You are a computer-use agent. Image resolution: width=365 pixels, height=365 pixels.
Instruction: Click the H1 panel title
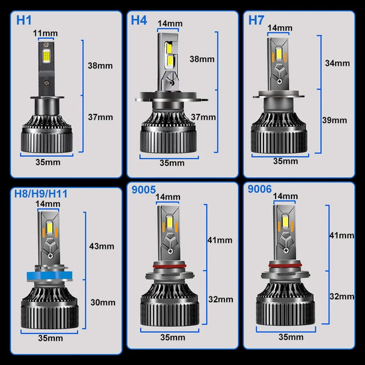pyautogui.click(x=24, y=19)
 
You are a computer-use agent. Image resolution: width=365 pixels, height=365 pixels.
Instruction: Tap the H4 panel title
pyautogui.click(x=139, y=19)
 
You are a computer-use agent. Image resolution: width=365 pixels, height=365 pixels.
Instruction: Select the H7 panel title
pyautogui.click(x=257, y=19)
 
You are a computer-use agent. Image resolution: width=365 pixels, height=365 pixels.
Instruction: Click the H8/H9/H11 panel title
pyautogui.click(x=41, y=194)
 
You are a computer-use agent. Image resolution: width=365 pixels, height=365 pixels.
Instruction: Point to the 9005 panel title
pyautogui.click(x=143, y=190)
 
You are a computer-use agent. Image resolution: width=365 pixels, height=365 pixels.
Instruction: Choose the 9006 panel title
pyautogui.click(x=260, y=190)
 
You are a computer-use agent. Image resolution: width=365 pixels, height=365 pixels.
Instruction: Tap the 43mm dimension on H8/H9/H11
pyautogui.click(x=102, y=246)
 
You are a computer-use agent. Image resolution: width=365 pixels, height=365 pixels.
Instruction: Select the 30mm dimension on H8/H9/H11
pyautogui.click(x=102, y=302)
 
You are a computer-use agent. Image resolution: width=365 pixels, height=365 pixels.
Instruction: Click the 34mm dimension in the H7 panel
pyautogui.click(x=338, y=63)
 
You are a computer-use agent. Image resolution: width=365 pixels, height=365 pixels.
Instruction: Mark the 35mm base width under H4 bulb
pyautogui.click(x=172, y=162)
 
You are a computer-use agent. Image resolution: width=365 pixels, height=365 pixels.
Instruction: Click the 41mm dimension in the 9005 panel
pyautogui.click(x=220, y=240)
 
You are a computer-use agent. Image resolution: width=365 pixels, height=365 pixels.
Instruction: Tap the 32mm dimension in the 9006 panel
pyautogui.click(x=342, y=296)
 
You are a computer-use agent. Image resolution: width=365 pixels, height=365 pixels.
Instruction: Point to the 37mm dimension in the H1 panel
pyautogui.click(x=100, y=117)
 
